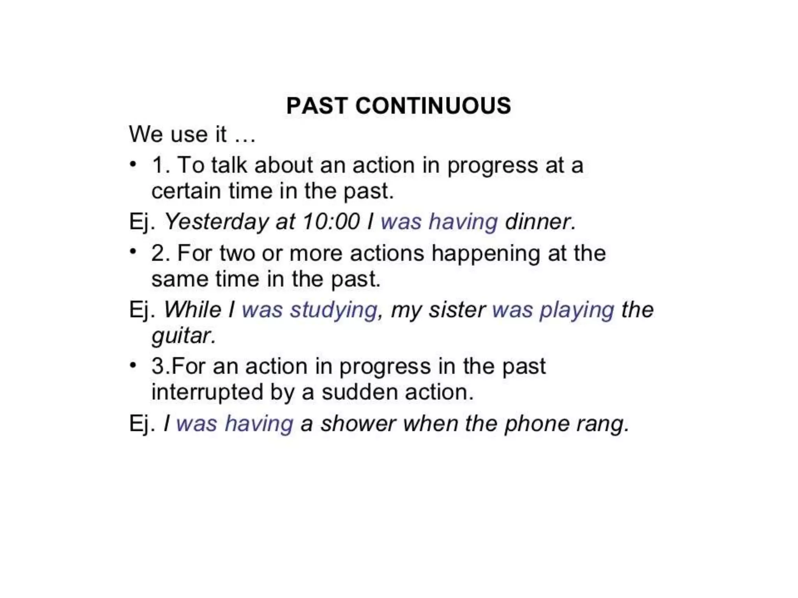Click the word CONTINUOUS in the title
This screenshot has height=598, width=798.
pyautogui.click(x=433, y=106)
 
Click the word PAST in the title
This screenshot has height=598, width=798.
pyautogui.click(x=317, y=106)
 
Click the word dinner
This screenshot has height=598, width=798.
pyautogui.click(x=540, y=222)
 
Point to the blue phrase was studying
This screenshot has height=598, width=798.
pyautogui.click(x=309, y=310)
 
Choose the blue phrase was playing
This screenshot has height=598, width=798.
pyautogui.click(x=553, y=310)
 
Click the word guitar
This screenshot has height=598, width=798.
pyautogui.click(x=183, y=336)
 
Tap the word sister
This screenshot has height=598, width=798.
pyautogui.click(x=457, y=310)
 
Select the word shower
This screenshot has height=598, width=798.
pyautogui.click(x=358, y=424)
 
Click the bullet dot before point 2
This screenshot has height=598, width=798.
pyautogui.click(x=133, y=251)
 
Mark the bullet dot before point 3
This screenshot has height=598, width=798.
pyautogui.click(x=133, y=365)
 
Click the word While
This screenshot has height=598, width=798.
pyautogui.click(x=192, y=310)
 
